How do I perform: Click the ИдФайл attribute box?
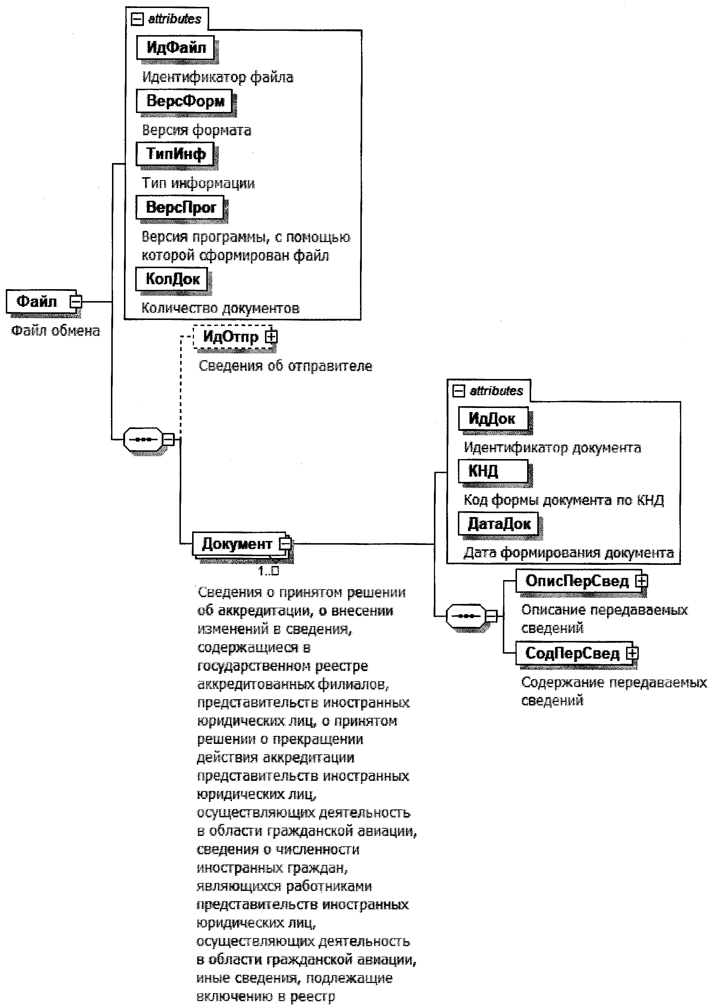tap(176, 47)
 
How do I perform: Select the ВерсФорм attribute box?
tap(185, 101)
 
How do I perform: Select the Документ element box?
tap(236, 544)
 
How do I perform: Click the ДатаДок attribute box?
tap(498, 524)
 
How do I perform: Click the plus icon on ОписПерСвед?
tap(642, 581)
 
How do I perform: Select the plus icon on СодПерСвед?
tap(632, 653)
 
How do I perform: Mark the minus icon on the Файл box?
tap(76, 301)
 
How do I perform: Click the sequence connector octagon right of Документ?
tap(465, 616)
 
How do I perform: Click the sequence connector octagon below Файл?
tap(143, 439)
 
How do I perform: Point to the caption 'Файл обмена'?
tap(55, 330)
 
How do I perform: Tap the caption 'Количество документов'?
tap(220, 308)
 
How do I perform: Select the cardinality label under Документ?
tap(268, 571)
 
